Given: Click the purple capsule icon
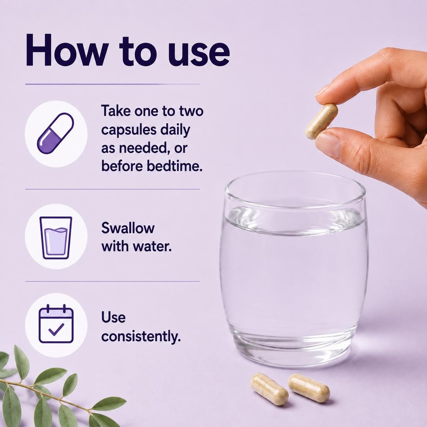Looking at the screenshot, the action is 56,134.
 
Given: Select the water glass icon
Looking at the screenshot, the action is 56,238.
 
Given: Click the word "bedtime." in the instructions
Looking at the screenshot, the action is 175,166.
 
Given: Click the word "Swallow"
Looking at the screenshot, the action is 128,228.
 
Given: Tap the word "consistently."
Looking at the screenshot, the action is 141,336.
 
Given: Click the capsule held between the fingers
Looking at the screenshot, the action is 321,121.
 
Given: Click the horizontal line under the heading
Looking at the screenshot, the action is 112,84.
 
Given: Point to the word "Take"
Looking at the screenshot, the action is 114,111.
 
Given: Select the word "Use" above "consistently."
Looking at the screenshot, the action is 113,317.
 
